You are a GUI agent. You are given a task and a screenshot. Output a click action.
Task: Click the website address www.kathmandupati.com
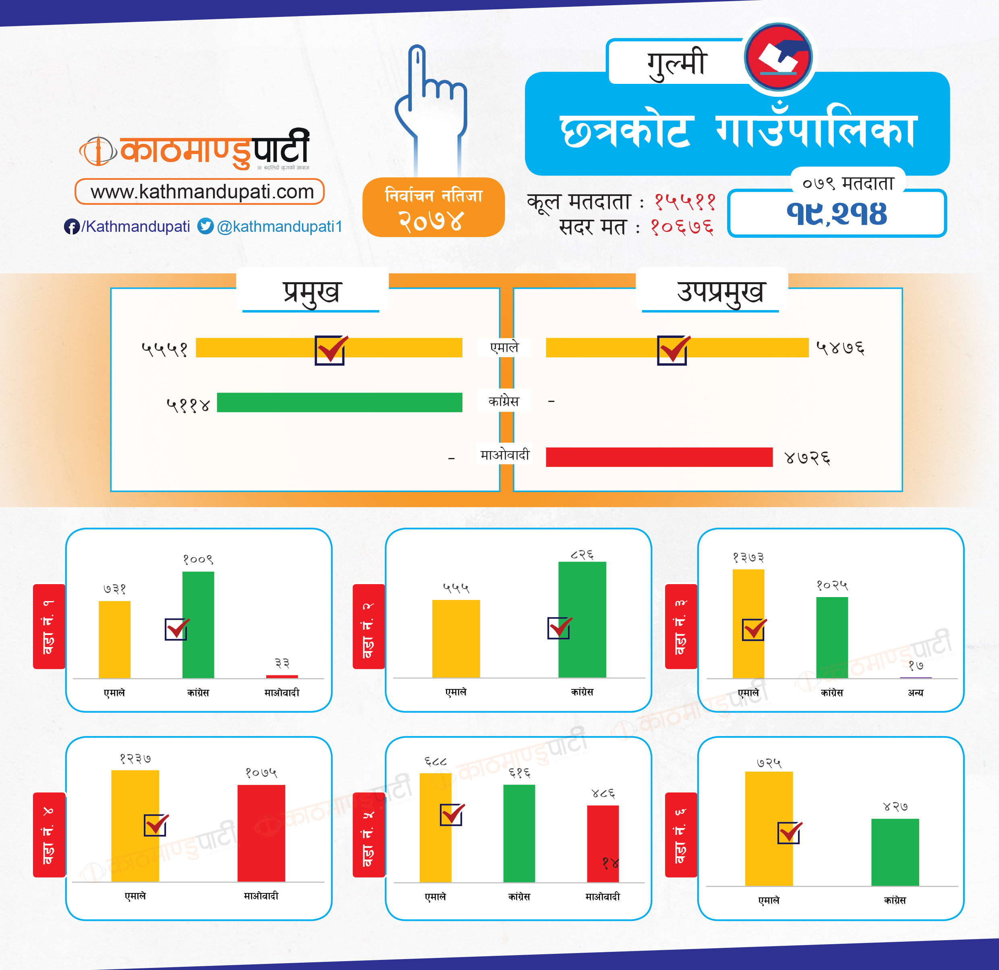pos(202,192)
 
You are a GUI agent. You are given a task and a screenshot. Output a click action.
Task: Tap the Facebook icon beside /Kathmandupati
pos(71,227)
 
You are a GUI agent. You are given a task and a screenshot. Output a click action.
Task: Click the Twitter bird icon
pos(205,226)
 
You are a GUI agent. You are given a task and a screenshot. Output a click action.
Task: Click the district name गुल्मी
pos(676,63)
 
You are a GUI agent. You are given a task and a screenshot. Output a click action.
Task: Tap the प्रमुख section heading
pos(311,292)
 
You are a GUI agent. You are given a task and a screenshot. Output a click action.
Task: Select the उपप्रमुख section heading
pos(720,292)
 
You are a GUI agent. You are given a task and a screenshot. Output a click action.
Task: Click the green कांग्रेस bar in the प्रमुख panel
pos(340,402)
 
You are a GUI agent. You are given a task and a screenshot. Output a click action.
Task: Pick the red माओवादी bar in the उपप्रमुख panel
pos(659,457)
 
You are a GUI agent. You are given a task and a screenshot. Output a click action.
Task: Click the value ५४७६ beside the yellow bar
pos(840,348)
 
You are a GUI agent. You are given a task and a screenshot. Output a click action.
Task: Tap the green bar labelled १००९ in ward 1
pos(198,625)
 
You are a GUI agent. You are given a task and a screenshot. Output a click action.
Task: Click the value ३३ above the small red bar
pos(282,663)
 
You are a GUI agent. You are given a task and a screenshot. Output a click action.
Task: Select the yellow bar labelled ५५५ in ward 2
pos(456,639)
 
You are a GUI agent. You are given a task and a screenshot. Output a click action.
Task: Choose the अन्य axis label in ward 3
pos(915,693)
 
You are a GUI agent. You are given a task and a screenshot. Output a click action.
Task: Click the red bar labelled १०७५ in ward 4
pos(261,833)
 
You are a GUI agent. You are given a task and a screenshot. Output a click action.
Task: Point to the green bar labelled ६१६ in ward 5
pos(519,833)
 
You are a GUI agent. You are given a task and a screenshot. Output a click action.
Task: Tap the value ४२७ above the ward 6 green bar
pos(895,807)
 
